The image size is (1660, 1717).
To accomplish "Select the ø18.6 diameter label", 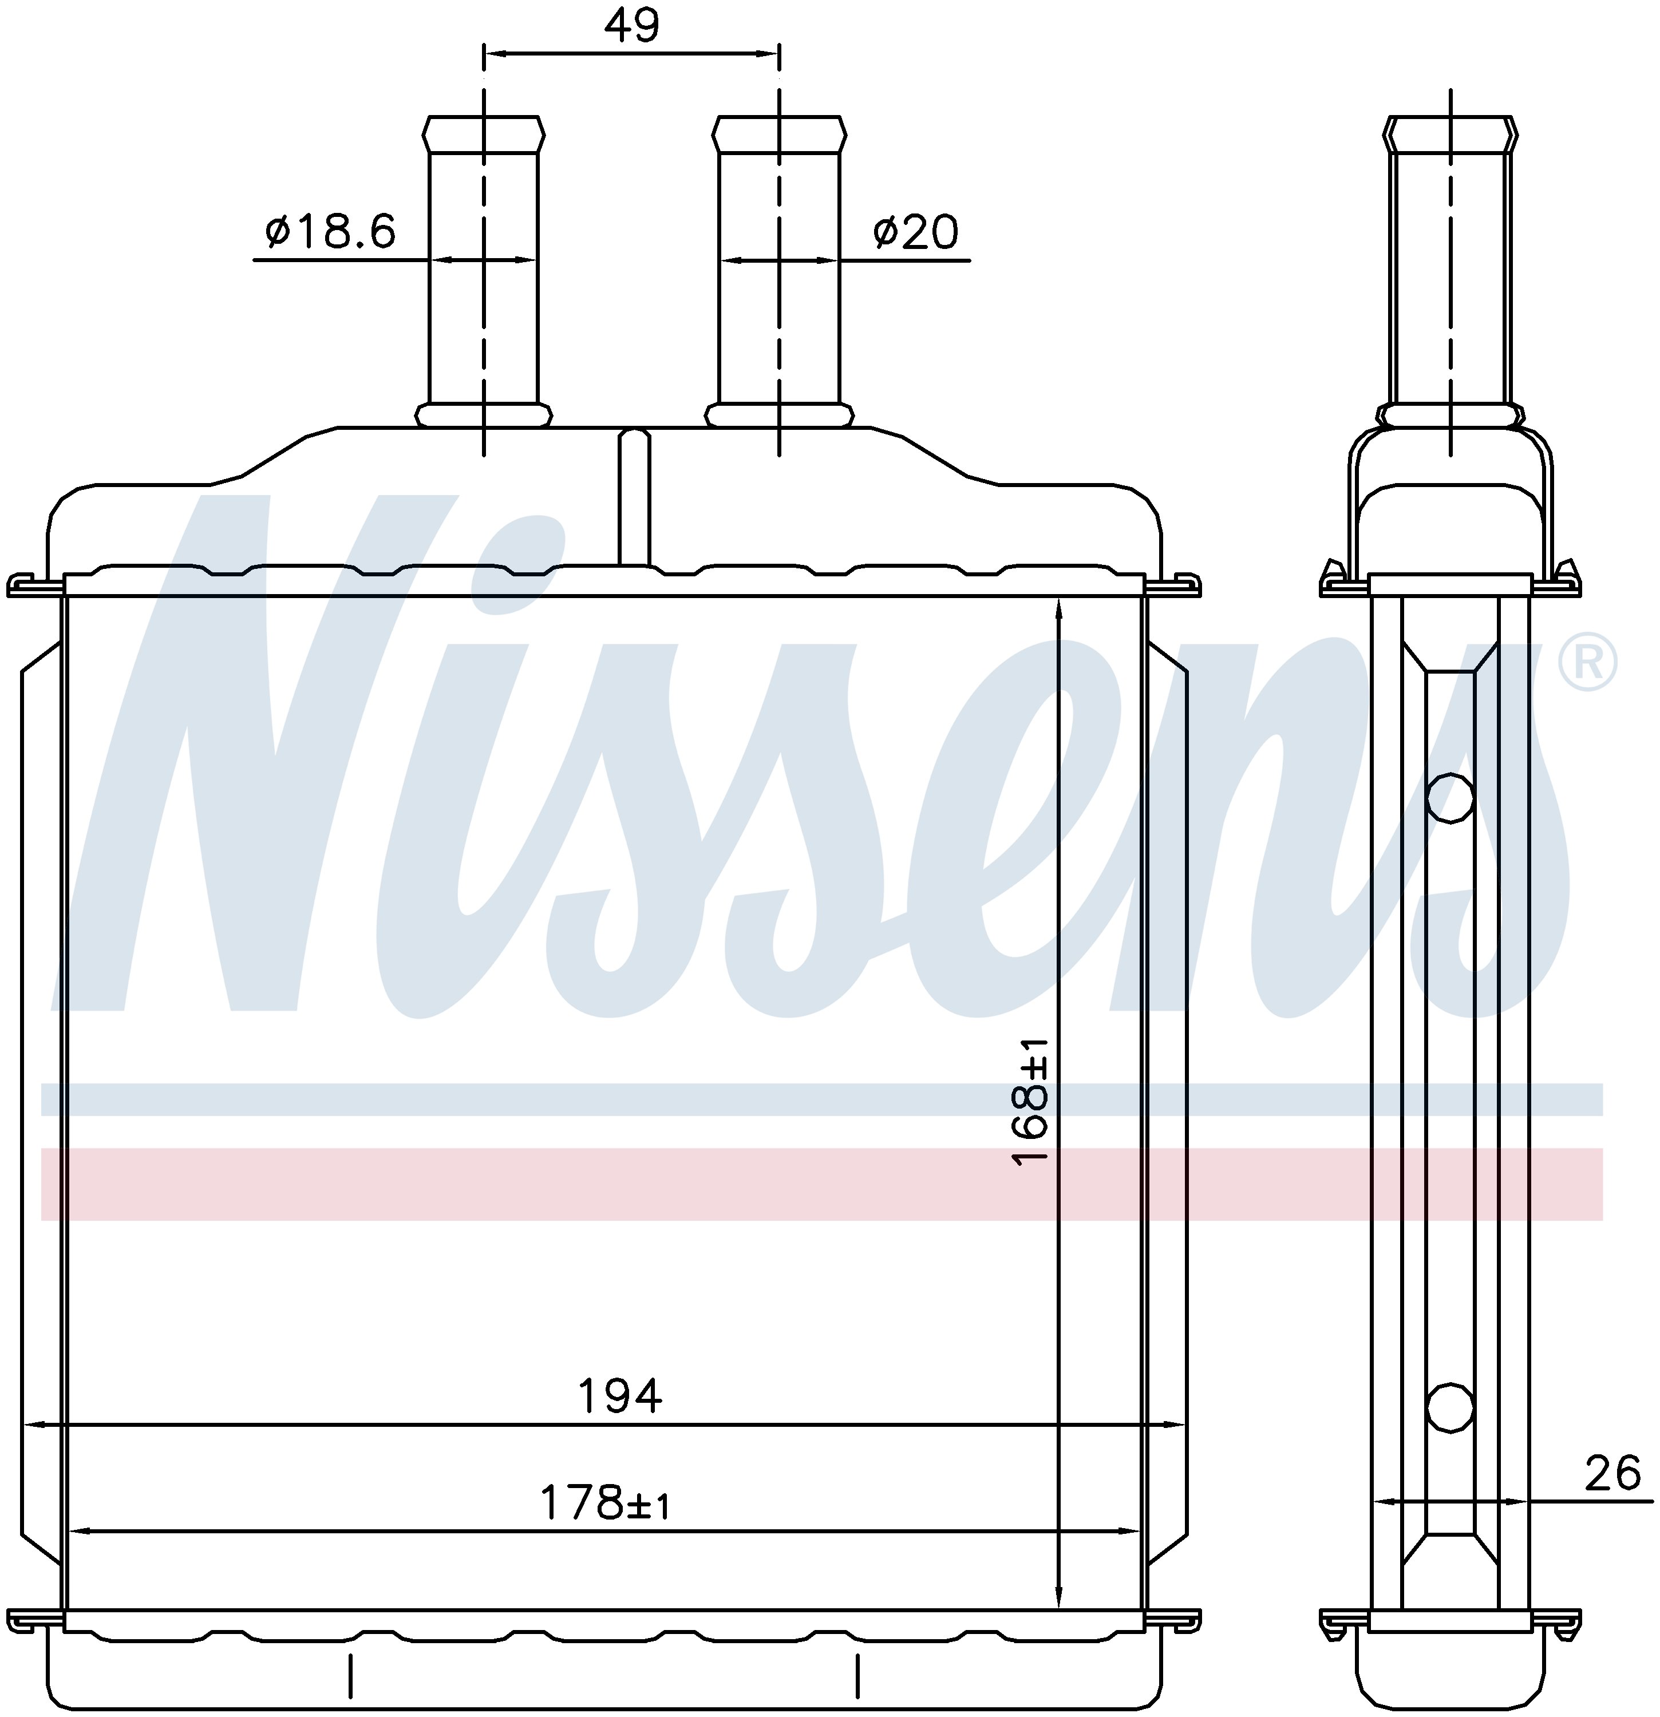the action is click(330, 231).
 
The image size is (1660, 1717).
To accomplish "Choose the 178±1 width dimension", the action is click(604, 1504).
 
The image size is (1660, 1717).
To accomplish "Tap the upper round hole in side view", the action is click(1450, 797).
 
